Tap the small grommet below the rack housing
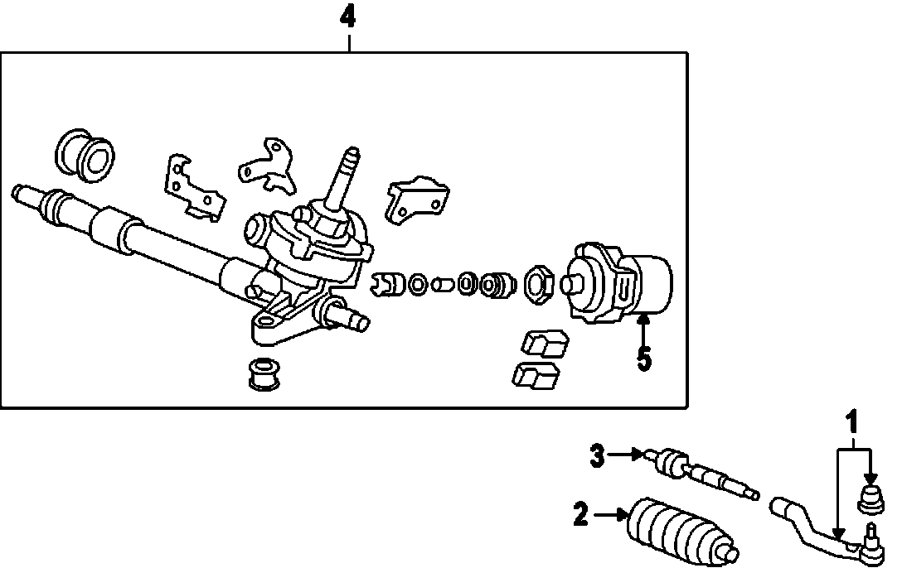pos(263,373)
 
